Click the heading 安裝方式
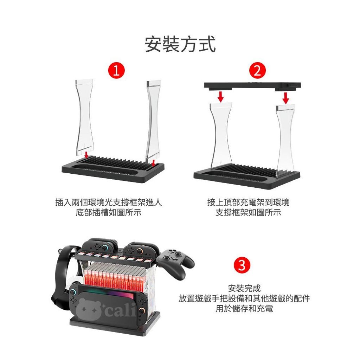pos(180,44)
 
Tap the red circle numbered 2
pos(257,70)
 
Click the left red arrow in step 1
pos(86,155)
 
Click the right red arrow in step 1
pos(154,162)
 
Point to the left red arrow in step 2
pos(221,96)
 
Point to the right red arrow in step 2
pos(285,98)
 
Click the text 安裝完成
pos(244,288)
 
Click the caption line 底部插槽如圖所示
pos(108,213)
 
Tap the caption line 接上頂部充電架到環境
pos(248,202)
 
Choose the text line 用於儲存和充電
pos(244,308)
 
